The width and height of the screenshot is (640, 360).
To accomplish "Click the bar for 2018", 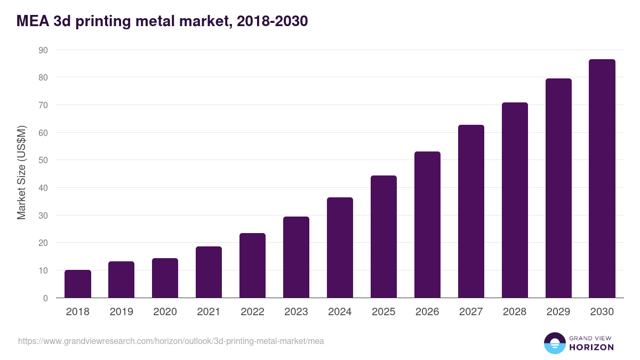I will [78, 284].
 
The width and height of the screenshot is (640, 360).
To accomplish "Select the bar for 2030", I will [602, 179].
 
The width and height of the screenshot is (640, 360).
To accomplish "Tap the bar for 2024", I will [340, 247].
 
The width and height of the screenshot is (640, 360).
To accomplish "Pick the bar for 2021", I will [209, 272].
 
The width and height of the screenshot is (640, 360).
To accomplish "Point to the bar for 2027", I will [471, 211].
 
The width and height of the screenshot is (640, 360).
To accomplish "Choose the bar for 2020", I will [165, 278].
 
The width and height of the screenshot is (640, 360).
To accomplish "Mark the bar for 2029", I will [558, 188].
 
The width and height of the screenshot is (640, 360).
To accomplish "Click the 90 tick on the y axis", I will [43, 50].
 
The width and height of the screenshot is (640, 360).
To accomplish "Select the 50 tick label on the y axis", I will [43, 161].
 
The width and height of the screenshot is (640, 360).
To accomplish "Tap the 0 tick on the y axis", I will [45, 298].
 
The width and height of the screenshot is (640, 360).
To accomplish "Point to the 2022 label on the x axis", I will [252, 312].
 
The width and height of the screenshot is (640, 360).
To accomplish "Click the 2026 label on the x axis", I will [427, 312].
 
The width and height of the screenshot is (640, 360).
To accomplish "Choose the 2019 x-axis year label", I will [121, 312].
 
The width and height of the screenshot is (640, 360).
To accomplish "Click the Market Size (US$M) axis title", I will [21, 173].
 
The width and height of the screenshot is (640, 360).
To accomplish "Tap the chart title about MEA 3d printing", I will [162, 21].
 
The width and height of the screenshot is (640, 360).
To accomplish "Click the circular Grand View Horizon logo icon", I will [555, 343].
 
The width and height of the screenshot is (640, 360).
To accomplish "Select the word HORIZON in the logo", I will [591, 347].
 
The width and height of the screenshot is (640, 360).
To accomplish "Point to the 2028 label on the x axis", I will [515, 312].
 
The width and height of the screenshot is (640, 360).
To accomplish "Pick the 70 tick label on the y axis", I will [43, 105].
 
